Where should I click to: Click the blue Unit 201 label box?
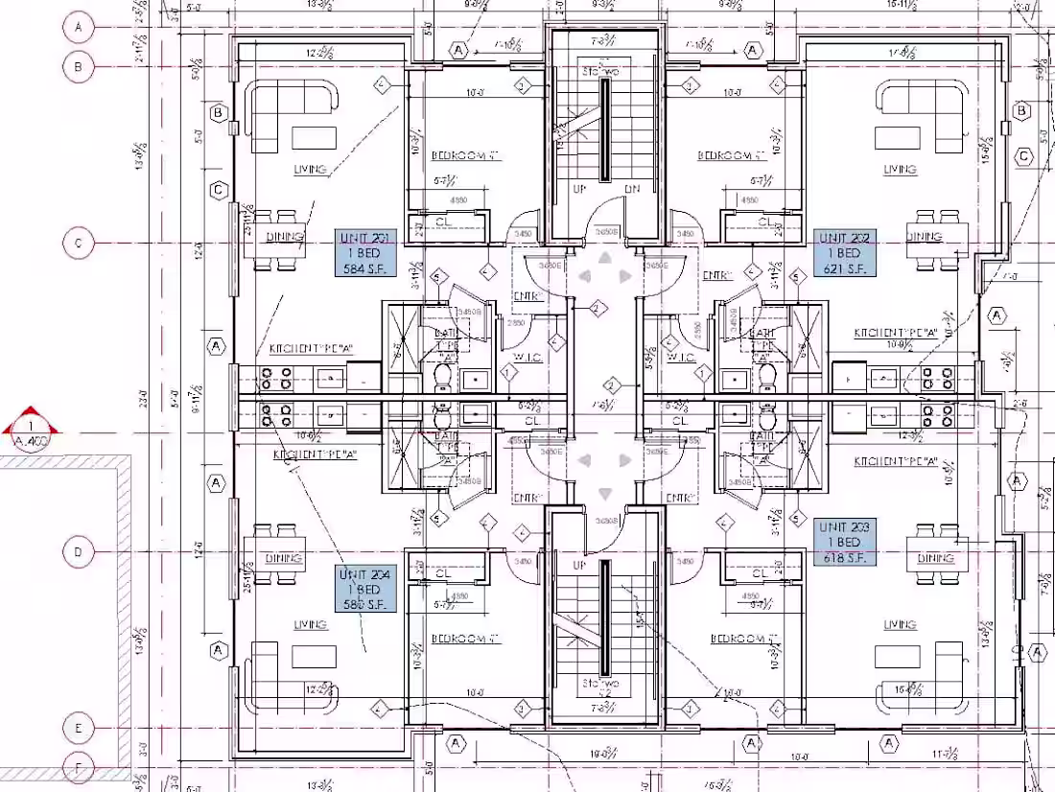365,253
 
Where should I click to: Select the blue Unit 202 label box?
845,253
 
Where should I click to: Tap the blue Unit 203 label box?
845,542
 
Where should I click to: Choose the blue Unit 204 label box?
365,589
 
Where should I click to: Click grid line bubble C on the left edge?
79,244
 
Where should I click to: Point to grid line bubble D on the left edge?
79,552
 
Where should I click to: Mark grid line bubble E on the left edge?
79,728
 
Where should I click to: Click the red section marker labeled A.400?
33,431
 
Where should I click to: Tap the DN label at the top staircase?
632,190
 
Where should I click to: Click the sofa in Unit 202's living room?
920,116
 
